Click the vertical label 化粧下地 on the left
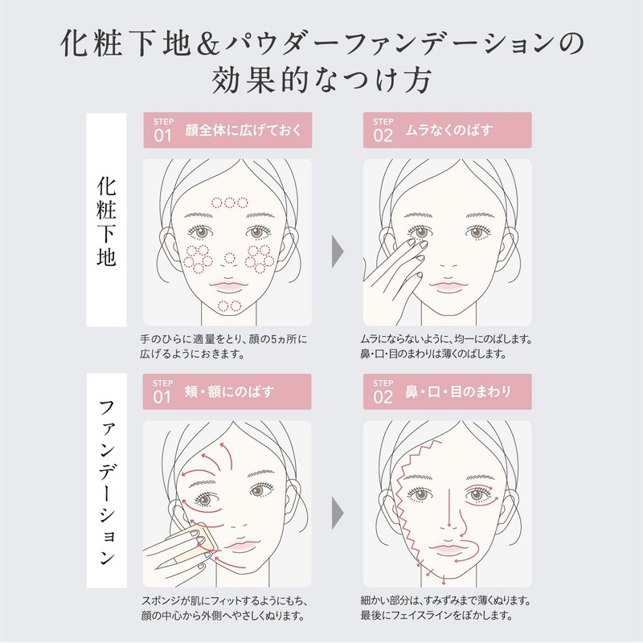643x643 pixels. [106, 218]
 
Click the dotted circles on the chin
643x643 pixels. [230, 305]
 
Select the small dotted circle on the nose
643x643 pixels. [229, 258]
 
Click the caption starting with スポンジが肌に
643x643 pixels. [223, 608]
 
